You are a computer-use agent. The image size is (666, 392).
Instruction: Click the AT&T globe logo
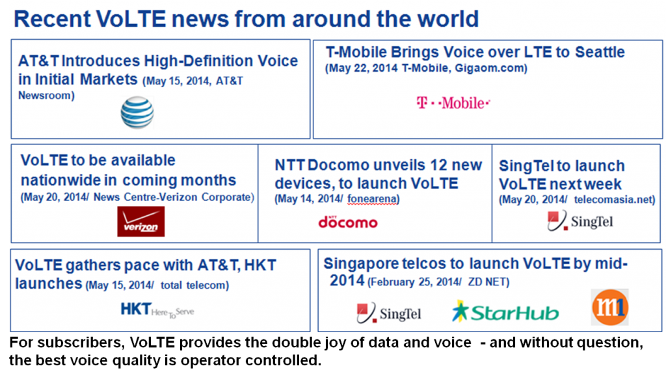[137, 112]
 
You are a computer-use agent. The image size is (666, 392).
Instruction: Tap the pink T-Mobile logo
[453, 103]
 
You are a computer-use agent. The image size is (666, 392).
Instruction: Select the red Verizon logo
[141, 221]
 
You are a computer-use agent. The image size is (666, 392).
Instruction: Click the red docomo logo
[348, 222]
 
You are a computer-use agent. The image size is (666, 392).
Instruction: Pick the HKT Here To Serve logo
[157, 310]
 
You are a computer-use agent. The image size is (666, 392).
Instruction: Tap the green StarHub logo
[505, 312]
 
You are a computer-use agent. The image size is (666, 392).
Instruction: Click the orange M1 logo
[610, 307]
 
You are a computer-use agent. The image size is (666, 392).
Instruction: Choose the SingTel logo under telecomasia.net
[580, 220]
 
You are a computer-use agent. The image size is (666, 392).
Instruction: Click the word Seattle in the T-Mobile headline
[600, 52]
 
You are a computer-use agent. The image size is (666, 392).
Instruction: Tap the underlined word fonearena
[371, 199]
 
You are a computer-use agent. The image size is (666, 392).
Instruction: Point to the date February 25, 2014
[416, 282]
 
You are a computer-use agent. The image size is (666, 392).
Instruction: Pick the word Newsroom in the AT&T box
[44, 96]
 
